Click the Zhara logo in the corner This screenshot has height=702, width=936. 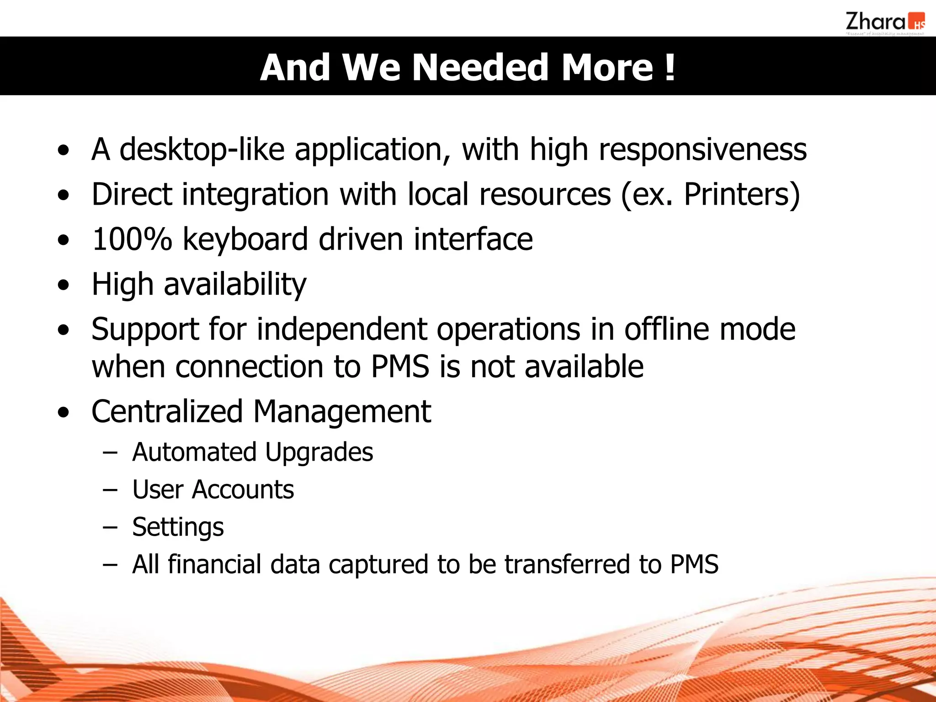pos(884,23)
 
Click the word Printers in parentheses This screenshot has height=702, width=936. pos(737,194)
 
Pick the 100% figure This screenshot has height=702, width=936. pos(132,239)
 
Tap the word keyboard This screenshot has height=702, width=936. pos(245,239)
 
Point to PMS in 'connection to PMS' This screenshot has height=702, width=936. pos(400,367)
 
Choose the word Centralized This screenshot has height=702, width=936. pos(167,411)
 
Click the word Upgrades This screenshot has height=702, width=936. pos(319,452)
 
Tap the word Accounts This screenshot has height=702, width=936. pos(243,489)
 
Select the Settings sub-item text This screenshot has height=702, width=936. pos(178,527)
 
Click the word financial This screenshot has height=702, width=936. pos(214,564)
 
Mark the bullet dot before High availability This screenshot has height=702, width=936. pos(64,285)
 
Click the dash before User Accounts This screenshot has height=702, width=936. pos(110,489)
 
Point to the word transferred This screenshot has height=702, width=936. pos(567,564)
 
